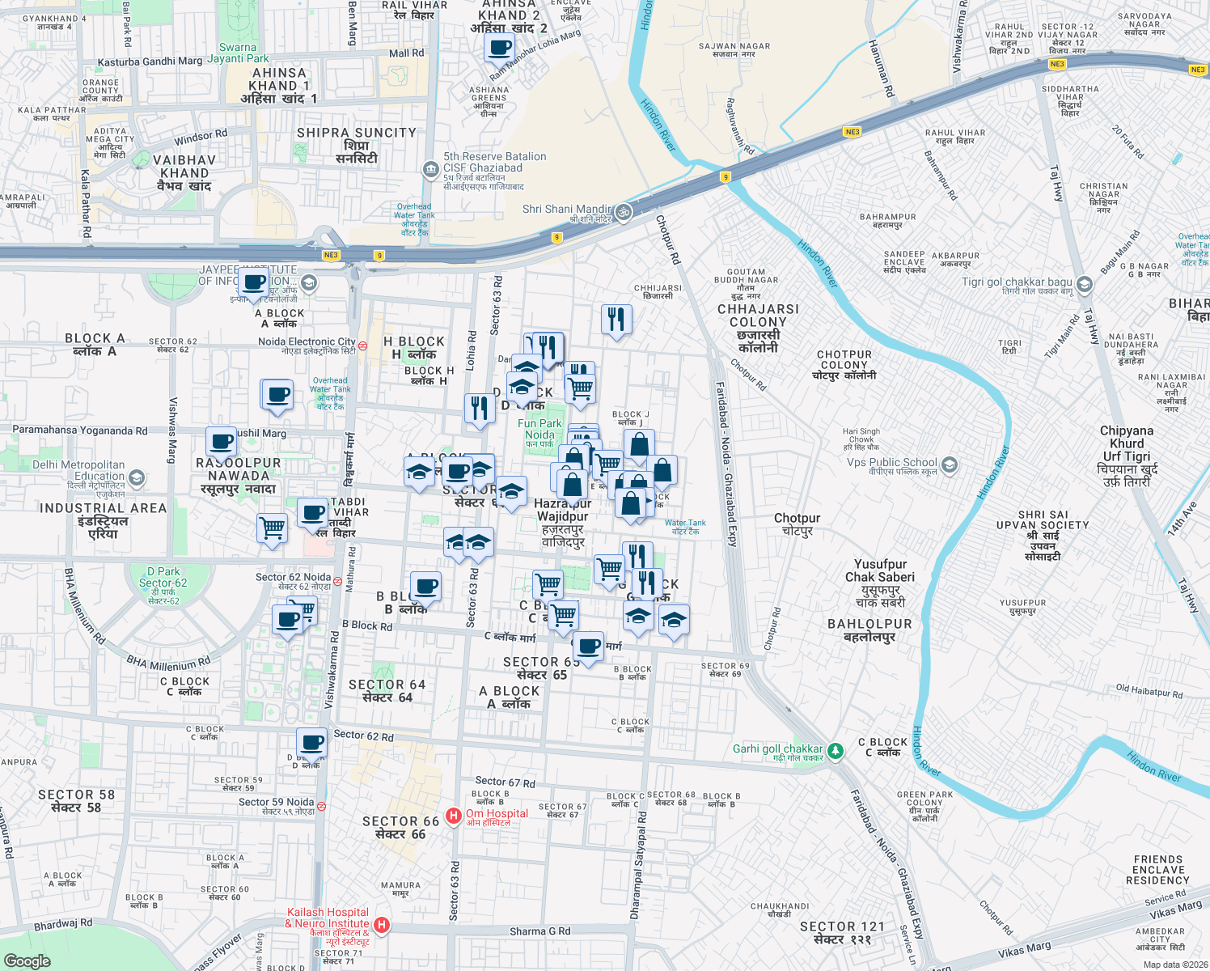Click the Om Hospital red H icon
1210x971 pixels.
454,816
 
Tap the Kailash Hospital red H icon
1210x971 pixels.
382,924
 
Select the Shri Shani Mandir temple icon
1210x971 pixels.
623,213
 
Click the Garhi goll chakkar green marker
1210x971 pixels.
836,751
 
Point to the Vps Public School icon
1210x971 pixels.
950,465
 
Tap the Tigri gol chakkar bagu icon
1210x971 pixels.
1085,285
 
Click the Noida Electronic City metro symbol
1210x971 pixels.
362,346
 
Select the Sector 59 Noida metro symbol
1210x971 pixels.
321,806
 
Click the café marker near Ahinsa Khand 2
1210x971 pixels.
499,48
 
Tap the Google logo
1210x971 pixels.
27,960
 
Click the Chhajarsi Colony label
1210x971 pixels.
758,328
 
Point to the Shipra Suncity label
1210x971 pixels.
357,145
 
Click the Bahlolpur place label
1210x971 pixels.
869,630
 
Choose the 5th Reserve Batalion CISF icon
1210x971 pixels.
430,169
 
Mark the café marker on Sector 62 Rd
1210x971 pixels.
311,741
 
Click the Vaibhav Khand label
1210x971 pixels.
184,172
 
